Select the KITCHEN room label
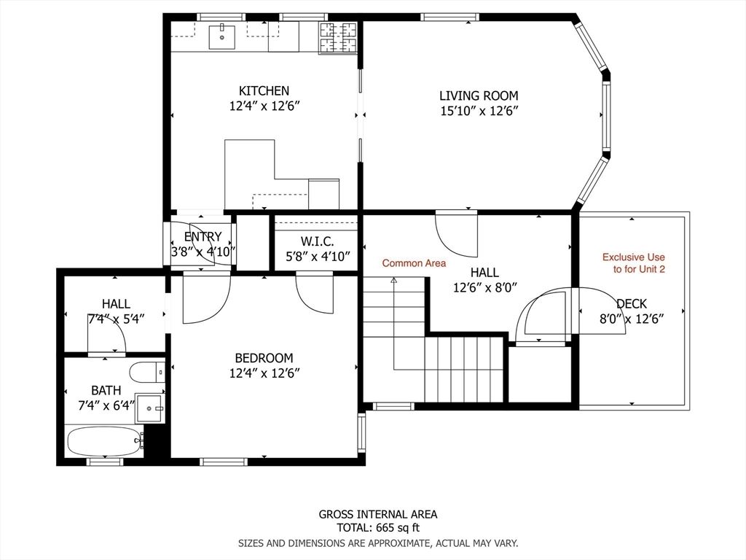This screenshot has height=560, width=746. click(264, 91)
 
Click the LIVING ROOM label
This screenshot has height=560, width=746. click(479, 96)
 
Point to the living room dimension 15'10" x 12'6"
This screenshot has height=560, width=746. click(479, 111)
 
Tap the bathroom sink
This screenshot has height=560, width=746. click(152, 406)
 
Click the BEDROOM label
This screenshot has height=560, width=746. click(264, 358)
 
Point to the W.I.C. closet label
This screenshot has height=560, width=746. click(317, 241)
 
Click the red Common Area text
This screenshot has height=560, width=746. click(414, 263)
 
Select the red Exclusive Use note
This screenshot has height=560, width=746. click(633, 263)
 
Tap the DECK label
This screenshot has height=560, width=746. click(631, 304)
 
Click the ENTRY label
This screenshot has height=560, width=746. click(203, 237)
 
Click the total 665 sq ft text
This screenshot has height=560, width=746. click(377, 528)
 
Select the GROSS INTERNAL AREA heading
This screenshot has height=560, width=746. click(377, 514)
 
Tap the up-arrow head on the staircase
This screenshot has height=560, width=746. click(394, 279)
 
